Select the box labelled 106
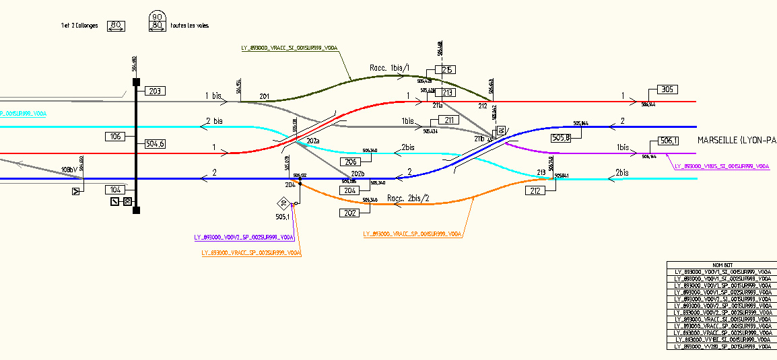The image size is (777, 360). (115, 137)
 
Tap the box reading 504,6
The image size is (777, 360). (155, 143)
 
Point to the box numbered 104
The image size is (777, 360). (115, 190)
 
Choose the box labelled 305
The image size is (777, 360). (667, 90)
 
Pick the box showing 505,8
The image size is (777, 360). (562, 138)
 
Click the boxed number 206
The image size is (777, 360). (349, 161)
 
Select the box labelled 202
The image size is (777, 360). (349, 213)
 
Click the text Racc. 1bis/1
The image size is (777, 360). (390, 68)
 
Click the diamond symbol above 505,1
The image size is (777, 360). (283, 203)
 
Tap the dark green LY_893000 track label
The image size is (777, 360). (289, 48)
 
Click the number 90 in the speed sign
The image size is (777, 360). (157, 17)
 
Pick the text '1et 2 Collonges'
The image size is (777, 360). (79, 26)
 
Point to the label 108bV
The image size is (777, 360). (69, 169)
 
